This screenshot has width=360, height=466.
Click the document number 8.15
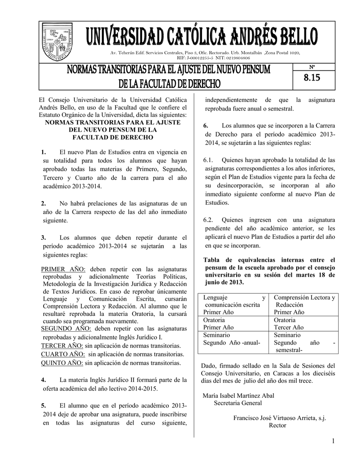point(312,78)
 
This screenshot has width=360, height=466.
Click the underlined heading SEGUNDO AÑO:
point(66,329)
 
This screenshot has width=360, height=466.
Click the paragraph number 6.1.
point(208,160)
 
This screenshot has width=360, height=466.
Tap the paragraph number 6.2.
point(208,219)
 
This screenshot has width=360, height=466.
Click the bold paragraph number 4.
point(43,380)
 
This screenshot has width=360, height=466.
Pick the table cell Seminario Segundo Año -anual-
point(232,339)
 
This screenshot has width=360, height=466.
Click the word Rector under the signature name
point(278,425)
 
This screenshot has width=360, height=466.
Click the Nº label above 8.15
point(312,67)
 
